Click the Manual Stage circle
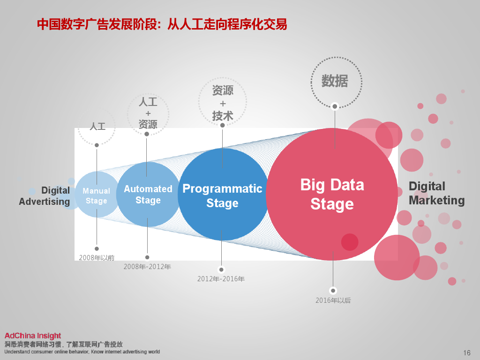(x=97, y=195)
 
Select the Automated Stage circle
(x=148, y=194)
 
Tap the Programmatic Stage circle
(x=222, y=195)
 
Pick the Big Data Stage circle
(x=332, y=194)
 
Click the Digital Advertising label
(x=45, y=196)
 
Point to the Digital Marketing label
(x=436, y=193)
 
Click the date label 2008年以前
(x=97, y=257)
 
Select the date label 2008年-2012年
(x=147, y=267)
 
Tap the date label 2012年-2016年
(x=221, y=279)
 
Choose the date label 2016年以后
(x=333, y=300)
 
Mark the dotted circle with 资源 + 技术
(x=223, y=102)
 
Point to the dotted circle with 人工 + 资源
(x=148, y=113)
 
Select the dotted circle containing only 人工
(x=97, y=127)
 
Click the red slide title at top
(x=162, y=24)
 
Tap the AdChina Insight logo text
(x=33, y=336)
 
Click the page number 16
(x=466, y=353)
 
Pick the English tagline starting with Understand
(x=82, y=352)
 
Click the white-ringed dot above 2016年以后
(x=333, y=290)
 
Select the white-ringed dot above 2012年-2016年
(x=221, y=270)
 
